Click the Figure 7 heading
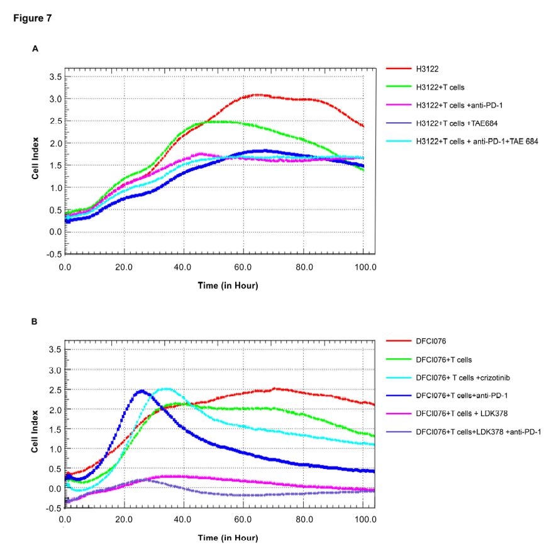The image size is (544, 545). [x=32, y=18]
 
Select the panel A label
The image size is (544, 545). [x=35, y=48]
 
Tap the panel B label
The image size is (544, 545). [x=35, y=321]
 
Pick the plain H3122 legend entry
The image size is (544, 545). [x=428, y=68]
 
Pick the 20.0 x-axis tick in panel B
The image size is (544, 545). [x=124, y=520]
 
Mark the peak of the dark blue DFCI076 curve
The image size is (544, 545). [x=142, y=391]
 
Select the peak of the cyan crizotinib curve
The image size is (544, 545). [x=166, y=388]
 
